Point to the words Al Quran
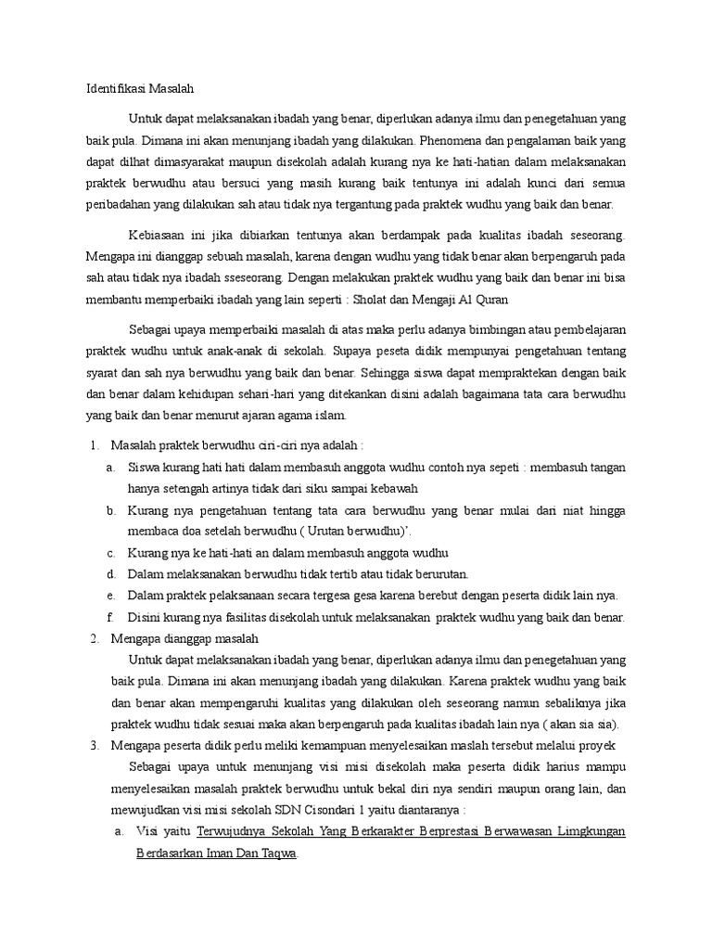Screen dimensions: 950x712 (x=480, y=300)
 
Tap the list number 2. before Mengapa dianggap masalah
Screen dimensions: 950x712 (x=95, y=639)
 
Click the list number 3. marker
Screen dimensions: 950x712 (x=95, y=746)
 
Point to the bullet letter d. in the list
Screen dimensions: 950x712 (x=110, y=574)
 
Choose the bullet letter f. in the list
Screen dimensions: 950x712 (x=110, y=617)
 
